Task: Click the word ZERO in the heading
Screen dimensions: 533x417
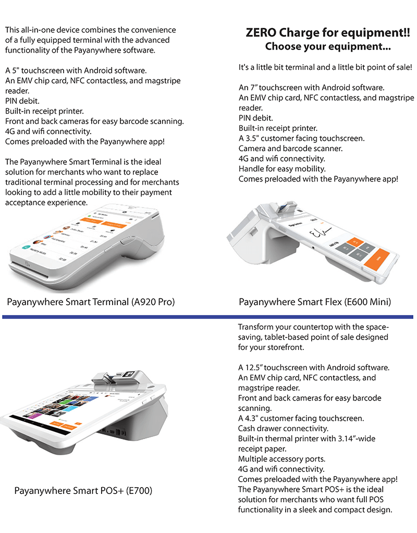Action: pos(261,33)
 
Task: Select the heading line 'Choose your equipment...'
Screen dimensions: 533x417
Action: pos(328,46)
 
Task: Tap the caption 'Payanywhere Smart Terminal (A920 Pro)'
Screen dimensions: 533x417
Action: pos(91,301)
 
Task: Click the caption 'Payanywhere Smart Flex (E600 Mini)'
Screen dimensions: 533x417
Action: pos(315,301)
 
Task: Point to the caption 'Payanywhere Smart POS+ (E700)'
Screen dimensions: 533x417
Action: pos(83,491)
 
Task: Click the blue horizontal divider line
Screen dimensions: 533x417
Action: pos(208,316)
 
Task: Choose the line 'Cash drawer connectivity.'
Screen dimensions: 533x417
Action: pos(283,429)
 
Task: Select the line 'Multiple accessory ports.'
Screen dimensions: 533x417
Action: pos(282,459)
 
